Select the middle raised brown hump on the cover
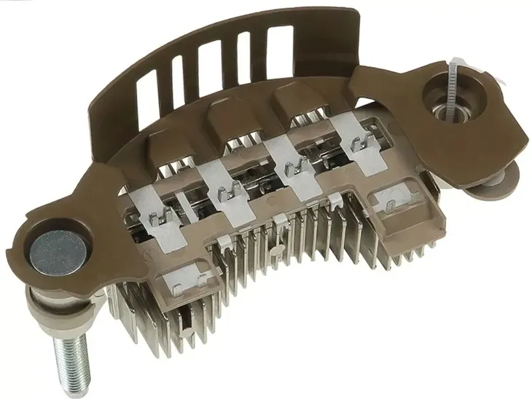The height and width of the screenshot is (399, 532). pyautogui.click(x=230, y=116)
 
